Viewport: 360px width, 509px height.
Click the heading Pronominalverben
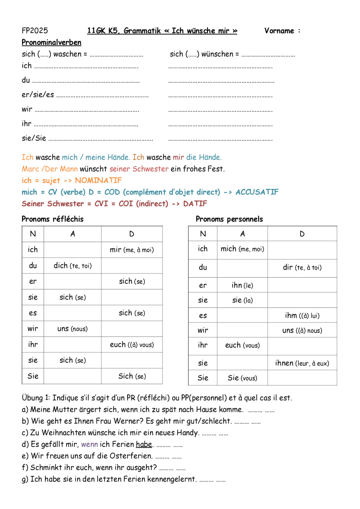pos(51,42)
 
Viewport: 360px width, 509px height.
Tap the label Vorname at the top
pos(279,31)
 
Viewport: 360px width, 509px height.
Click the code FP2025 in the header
pos(35,31)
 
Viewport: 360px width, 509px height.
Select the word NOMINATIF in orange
pos(98,180)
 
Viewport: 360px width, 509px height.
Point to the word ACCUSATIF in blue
pos(257,192)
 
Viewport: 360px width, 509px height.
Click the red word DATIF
pos(195,204)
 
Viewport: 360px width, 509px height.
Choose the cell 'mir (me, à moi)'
pos(132,250)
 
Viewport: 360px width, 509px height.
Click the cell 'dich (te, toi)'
pos(72,266)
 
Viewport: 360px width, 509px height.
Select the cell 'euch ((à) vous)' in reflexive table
pos(132,345)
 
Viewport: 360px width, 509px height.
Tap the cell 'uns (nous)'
pos(72,329)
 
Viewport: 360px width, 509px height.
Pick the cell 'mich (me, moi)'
pos(242,249)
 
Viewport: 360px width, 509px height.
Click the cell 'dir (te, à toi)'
pos(302,267)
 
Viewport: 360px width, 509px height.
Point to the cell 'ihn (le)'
pos(242,285)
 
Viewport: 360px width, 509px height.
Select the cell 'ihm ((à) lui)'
pos(302,315)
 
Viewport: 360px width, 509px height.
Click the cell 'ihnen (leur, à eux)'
pos(302,363)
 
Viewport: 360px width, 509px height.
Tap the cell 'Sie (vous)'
pos(242,378)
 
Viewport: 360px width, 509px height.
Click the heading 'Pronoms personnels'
pos(229,219)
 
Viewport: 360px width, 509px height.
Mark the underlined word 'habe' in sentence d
pos(144,445)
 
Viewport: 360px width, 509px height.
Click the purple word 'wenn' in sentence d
pos(89,445)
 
